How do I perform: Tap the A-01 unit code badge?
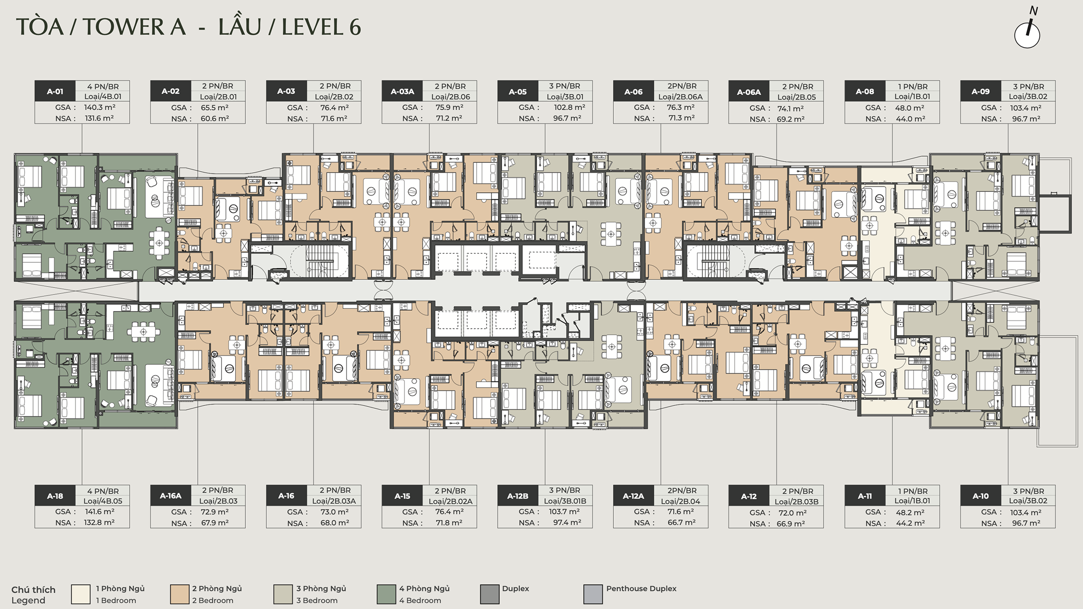pos(55,91)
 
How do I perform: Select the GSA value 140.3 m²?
pos(100,107)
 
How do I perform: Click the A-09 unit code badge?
pos(980,91)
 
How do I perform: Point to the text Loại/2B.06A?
pos(680,97)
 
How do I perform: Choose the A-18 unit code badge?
pos(55,496)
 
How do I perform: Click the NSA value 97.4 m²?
pos(567,523)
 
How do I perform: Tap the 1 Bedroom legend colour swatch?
pos(81,594)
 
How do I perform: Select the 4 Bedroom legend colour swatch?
pos(386,594)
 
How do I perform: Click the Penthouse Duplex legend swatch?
pos(593,594)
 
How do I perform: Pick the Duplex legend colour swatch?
pos(490,594)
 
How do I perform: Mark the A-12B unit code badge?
pos(518,496)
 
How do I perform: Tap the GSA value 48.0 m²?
pos(909,108)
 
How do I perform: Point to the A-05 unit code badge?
pos(518,91)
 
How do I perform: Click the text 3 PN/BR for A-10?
pos(1028,491)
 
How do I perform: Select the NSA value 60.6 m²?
pos(215,119)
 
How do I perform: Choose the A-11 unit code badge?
pos(865,496)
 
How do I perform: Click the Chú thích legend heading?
pos(33,589)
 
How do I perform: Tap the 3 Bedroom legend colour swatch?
pos(283,594)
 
